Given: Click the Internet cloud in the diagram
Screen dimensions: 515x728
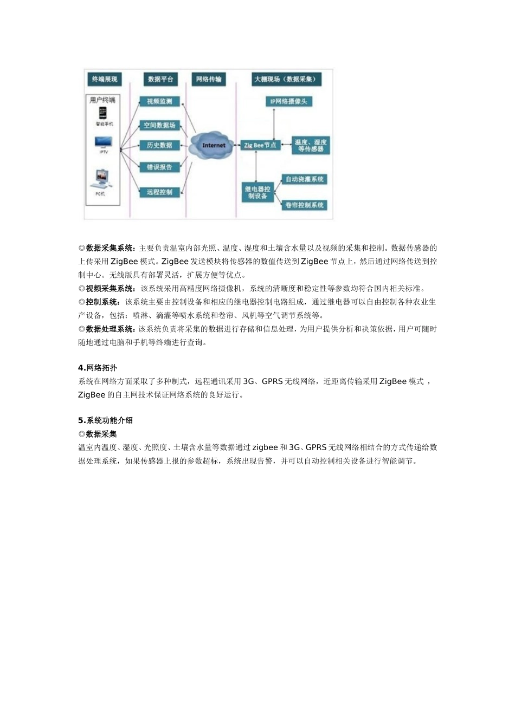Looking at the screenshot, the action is pyautogui.click(x=213, y=145).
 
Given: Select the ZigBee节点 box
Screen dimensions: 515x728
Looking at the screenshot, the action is pyautogui.click(x=260, y=145).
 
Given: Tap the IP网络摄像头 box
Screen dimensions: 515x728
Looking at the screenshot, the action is pyautogui.click(x=288, y=101).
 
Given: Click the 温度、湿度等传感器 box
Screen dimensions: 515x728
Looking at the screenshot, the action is pyautogui.click(x=310, y=145).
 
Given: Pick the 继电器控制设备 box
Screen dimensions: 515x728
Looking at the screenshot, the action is pyautogui.click(x=257, y=192).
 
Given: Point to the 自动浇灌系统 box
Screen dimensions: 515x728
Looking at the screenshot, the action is pyautogui.click(x=305, y=179).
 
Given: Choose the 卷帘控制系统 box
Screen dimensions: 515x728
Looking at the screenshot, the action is pyautogui.click(x=304, y=205).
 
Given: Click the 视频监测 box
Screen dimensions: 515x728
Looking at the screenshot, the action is pyautogui.click(x=159, y=101).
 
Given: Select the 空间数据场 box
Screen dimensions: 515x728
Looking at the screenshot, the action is pyautogui.click(x=159, y=125).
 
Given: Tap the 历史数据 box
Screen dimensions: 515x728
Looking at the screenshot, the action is pyautogui.click(x=159, y=145).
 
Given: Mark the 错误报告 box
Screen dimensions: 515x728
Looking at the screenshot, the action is pyautogui.click(x=159, y=167).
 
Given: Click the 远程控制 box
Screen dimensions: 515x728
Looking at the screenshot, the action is pyautogui.click(x=159, y=192).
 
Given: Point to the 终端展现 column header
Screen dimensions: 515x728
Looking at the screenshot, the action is pyautogui.click(x=104, y=80).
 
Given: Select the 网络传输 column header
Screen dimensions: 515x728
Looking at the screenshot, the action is pyautogui.click(x=209, y=80).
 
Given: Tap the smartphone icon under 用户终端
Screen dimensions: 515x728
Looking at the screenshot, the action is pyautogui.click(x=102, y=113).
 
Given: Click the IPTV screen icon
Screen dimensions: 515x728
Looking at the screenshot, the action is pyautogui.click(x=103, y=142).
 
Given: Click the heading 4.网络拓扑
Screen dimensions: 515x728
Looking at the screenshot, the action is pyautogui.click(x=98, y=368).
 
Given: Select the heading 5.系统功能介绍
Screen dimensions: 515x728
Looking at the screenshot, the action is pyautogui.click(x=105, y=420).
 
